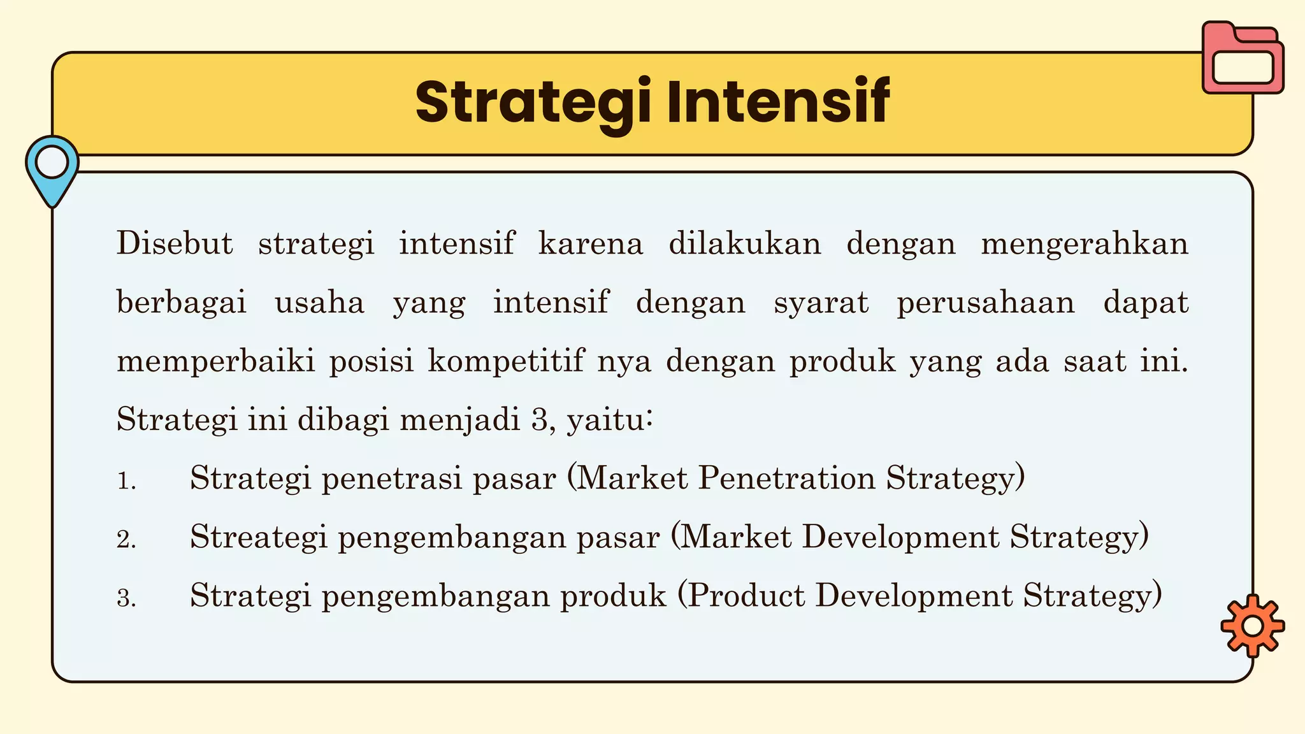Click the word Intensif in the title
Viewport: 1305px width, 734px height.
[778, 102]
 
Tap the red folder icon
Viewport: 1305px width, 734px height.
[1243, 59]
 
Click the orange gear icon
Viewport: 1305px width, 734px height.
[1252, 626]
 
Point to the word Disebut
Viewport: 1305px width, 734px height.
[175, 244]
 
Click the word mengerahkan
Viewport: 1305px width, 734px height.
[1085, 244]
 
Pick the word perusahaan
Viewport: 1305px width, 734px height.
[986, 303]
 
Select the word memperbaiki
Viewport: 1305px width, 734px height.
[216, 362]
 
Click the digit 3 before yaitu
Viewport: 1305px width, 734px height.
[538, 421]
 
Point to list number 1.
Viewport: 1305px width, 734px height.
[126, 481]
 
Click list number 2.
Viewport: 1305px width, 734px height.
[126, 540]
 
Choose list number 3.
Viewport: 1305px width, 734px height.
[126, 598]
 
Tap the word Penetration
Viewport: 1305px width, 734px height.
[786, 479]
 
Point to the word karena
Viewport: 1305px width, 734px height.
[591, 244]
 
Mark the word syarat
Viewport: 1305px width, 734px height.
[821, 303]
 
